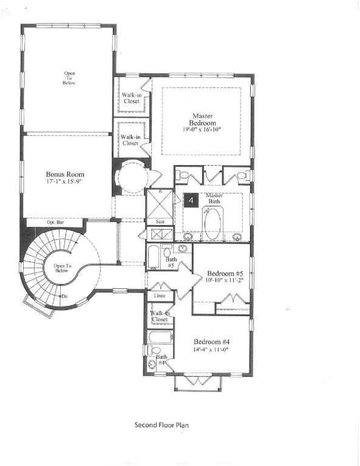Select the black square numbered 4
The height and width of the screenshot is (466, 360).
pos(191,201)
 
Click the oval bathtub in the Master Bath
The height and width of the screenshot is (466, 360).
pos(213,225)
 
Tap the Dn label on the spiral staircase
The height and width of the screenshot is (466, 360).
pos(65,296)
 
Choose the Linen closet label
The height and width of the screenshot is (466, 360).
pos(160,295)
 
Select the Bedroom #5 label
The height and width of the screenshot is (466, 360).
pos(225,272)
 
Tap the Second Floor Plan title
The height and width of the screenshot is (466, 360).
pos(161,425)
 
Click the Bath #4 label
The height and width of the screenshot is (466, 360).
pos(161,360)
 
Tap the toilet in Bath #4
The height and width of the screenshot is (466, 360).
pos(153,350)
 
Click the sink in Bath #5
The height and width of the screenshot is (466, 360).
pos(182,249)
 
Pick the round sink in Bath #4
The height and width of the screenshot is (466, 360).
pos(152,365)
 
